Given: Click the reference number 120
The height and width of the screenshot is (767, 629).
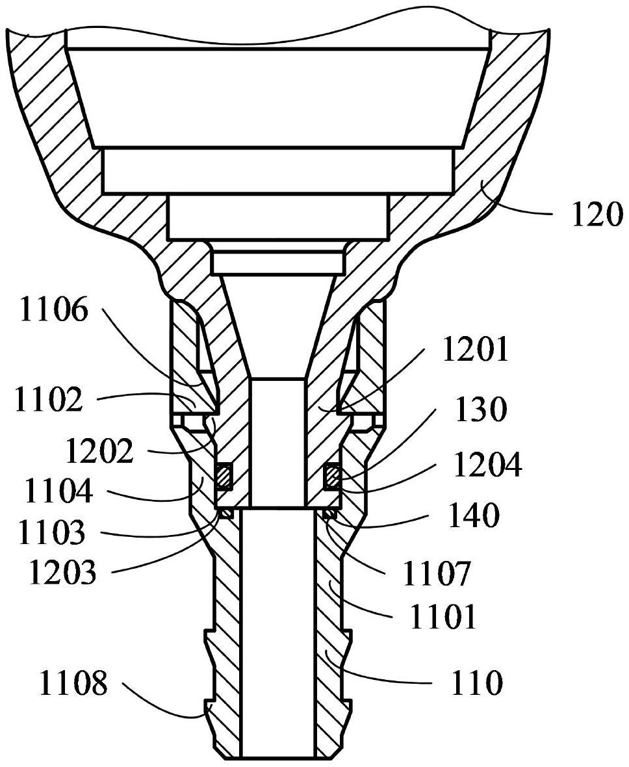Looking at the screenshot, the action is point(597,214).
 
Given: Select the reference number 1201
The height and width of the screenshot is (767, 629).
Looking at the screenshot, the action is point(474,352).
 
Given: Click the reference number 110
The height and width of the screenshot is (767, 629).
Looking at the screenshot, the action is point(476,682).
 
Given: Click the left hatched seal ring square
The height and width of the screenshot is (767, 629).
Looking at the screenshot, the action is point(224,474).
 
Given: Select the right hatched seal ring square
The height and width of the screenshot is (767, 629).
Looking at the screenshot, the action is point(332,474).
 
